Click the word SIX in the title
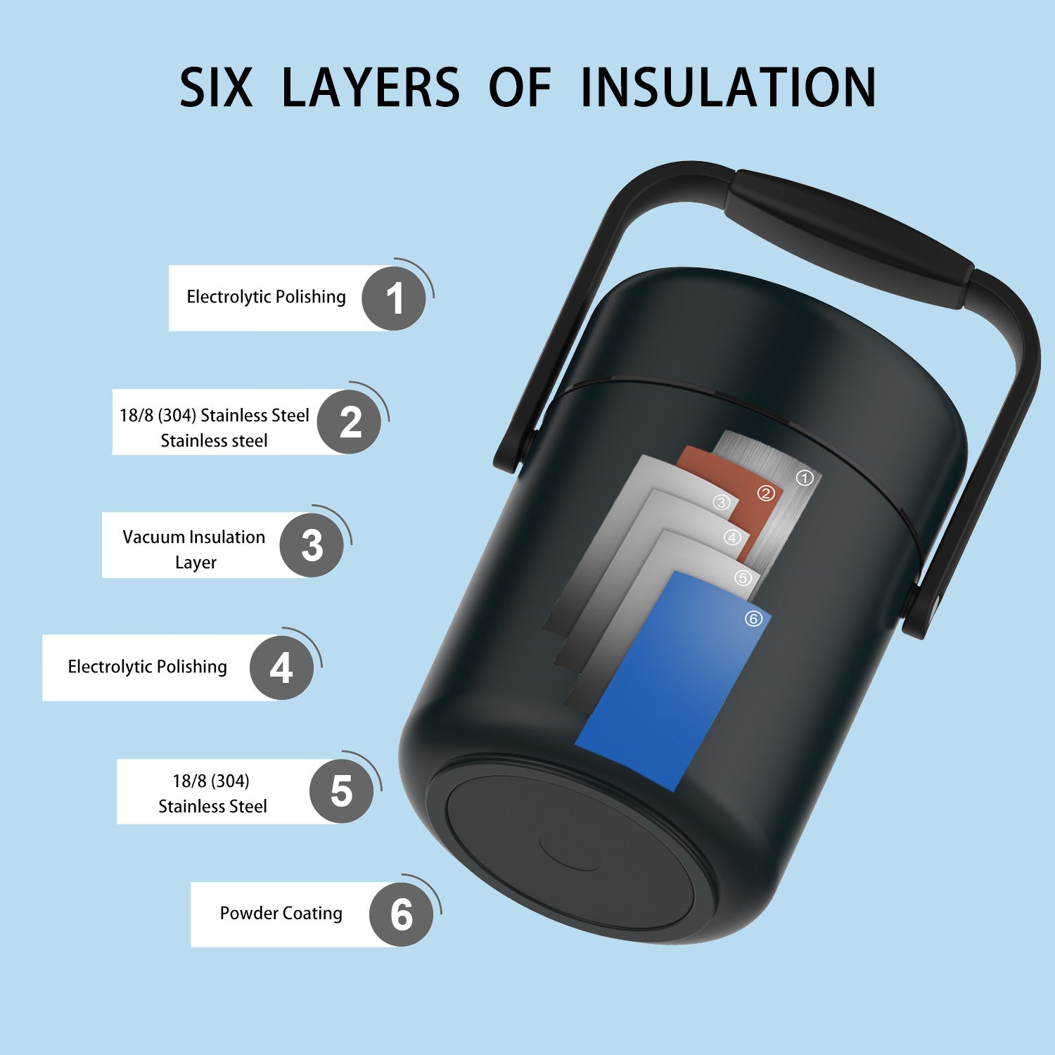[216, 87]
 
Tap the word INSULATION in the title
[728, 87]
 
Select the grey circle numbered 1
[394, 298]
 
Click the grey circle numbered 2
[349, 422]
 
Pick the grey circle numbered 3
[312, 545]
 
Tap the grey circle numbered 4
[281, 667]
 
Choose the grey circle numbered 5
[341, 791]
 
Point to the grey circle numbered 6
[401, 914]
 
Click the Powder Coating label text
[281, 913]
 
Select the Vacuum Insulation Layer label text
[194, 549]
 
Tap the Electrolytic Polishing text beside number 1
[266, 297]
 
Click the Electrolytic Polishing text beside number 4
[147, 667]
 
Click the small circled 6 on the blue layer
[753, 619]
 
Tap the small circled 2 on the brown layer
[765, 494]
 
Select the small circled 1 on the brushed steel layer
[805, 478]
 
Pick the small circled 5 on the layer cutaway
[743, 578]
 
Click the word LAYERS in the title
[371, 87]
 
